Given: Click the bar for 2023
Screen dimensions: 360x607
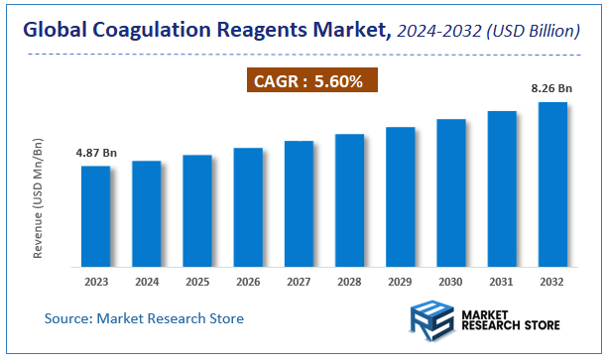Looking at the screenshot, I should tap(95, 216).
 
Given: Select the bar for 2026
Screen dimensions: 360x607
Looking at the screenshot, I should tap(248, 207).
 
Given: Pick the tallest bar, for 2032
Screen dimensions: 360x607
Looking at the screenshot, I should tap(551, 184).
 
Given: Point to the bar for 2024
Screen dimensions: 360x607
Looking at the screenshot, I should tap(146, 213).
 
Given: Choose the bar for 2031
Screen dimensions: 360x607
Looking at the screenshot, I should tap(501, 188).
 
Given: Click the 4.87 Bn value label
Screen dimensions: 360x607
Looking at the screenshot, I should tap(96, 154).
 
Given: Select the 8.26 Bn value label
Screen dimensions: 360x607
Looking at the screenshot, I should tap(551, 89).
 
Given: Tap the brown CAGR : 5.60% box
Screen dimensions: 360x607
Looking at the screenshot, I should tap(311, 79).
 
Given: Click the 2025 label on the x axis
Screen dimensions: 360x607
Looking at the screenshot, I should tap(196, 282).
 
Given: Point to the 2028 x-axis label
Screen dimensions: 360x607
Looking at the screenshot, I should tap(349, 282).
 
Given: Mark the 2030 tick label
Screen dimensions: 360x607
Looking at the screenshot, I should tap(450, 282).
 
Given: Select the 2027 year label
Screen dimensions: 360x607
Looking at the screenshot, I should tap(299, 282).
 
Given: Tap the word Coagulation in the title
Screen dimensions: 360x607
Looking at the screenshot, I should tap(148, 31).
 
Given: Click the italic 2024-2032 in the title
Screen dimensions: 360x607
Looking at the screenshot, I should tap(439, 32).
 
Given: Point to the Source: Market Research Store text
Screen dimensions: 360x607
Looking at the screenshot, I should tap(144, 318).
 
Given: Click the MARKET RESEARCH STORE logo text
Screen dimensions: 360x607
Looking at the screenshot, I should tap(510, 319).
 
